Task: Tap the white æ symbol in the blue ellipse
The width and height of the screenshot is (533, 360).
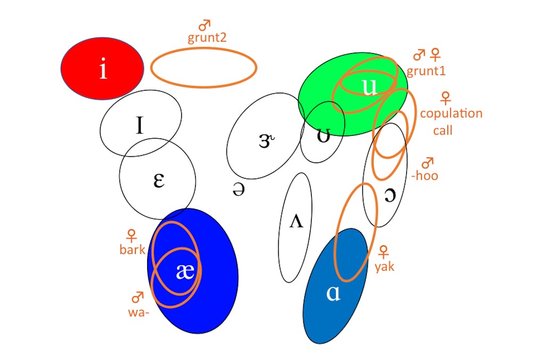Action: (x=184, y=271)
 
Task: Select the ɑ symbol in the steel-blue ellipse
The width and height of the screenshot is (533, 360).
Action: (x=333, y=293)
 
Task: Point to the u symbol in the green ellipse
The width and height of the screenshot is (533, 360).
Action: (x=369, y=86)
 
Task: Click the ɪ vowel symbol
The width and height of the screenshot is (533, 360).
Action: (x=139, y=125)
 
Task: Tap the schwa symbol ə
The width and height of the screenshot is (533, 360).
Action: (x=238, y=189)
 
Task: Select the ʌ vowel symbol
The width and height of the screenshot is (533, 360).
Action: (x=296, y=221)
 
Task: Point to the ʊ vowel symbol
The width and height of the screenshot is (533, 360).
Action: (x=322, y=135)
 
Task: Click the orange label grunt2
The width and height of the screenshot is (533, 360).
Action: (x=206, y=38)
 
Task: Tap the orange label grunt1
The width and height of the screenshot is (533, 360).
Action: (x=426, y=71)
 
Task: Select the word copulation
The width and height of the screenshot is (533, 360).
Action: (x=451, y=113)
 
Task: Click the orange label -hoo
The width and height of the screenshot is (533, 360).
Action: (x=425, y=175)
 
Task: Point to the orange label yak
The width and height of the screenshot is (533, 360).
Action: (x=384, y=266)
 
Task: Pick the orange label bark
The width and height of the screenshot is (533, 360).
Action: (x=132, y=249)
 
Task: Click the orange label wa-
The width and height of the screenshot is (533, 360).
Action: (x=139, y=312)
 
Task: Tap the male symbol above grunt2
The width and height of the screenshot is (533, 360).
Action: (x=204, y=25)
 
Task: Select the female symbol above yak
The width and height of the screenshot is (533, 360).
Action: (x=383, y=251)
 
